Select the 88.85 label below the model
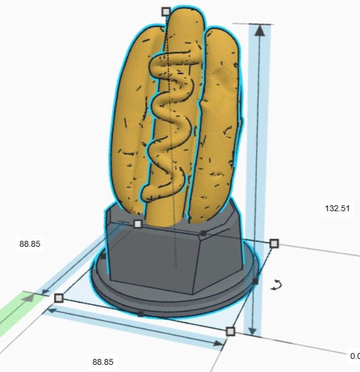click(102, 361)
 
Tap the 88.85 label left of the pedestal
click(30, 244)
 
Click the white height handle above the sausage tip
click(166, 11)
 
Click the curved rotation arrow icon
click(275, 285)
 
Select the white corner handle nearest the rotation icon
click(274, 243)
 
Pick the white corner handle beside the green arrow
click(58, 297)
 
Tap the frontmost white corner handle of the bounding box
click(230, 331)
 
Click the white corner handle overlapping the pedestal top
click(138, 224)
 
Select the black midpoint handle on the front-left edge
click(140, 313)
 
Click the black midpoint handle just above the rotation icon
click(255, 281)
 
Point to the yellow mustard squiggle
click(172, 119)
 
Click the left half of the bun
click(131, 119)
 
